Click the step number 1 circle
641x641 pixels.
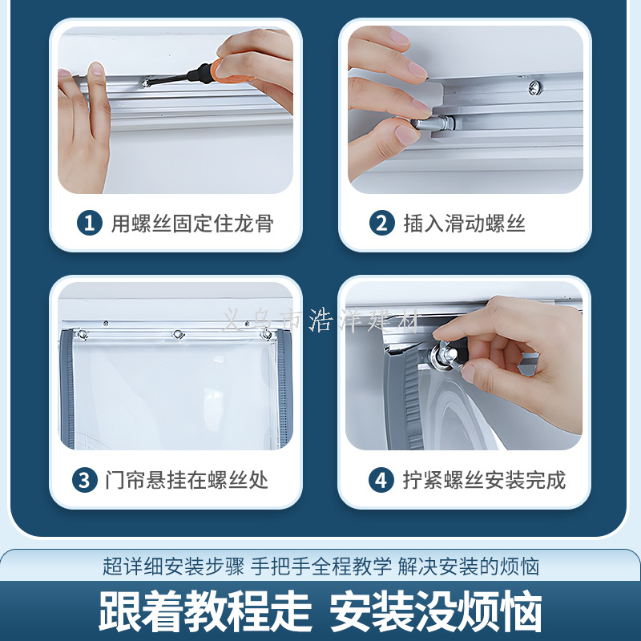90,223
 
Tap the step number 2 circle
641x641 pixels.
382,223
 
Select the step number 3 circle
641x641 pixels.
85,480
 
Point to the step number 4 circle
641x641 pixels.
381,480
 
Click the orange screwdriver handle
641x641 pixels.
231,71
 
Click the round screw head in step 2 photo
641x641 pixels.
535,87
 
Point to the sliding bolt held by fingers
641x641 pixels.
437,123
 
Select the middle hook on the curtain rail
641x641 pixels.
178,334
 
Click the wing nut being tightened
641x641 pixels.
445,355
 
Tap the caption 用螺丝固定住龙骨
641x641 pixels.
192,224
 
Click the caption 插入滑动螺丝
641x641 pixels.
465,224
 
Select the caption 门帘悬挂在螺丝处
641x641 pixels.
187,480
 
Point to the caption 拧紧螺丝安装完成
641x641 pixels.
485,480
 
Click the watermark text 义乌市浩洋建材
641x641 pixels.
321,320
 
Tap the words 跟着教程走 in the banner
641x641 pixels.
205,611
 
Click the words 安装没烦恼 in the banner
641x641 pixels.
436,611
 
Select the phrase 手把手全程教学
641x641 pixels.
321,566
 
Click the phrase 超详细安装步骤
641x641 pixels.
173,566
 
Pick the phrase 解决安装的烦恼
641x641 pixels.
469,566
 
